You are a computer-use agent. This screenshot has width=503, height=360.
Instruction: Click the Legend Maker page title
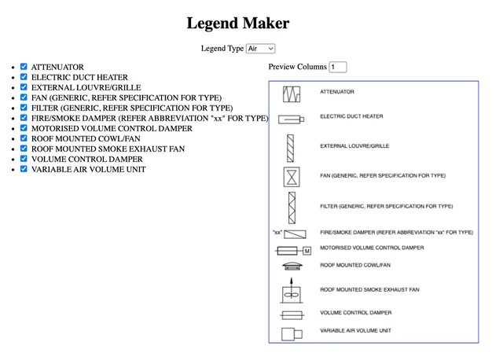pos(237,24)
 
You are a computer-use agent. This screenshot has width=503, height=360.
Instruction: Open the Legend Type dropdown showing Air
pos(260,49)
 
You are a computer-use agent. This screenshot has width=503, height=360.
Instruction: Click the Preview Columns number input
pos(338,68)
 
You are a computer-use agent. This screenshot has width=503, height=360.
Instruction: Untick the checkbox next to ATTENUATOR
pos(24,68)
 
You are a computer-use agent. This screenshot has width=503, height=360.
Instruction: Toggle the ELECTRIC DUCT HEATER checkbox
pos(24,78)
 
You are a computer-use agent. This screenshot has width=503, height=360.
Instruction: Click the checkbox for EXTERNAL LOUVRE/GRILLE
pos(24,88)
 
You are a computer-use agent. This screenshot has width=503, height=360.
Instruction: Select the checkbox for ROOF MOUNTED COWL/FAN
pos(24,138)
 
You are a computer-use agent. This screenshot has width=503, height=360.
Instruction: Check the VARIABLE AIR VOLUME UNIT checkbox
pos(24,169)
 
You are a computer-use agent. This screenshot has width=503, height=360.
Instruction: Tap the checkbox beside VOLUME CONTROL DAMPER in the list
pos(24,159)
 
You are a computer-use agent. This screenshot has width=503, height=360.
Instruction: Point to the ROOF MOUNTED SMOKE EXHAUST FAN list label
pos(108,149)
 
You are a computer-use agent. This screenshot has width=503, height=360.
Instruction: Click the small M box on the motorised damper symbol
pos(307,251)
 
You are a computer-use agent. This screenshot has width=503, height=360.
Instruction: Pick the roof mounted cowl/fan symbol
pos(292,266)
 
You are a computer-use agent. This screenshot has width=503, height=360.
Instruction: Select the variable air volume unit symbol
pos(292,332)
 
